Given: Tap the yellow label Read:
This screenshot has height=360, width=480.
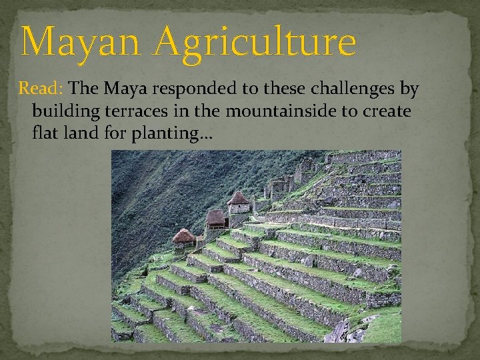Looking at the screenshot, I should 41,88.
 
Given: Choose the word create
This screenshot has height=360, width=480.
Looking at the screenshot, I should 387,111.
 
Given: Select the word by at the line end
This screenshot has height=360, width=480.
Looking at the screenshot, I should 409,89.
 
